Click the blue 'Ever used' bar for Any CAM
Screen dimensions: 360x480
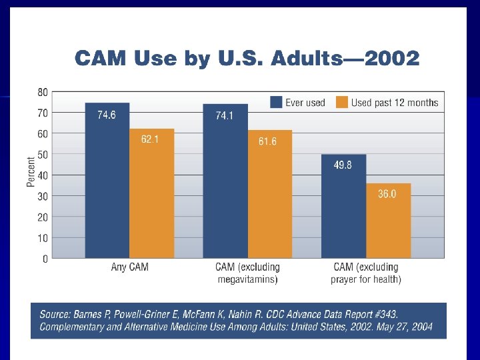(107, 180)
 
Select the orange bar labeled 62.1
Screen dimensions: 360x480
(152, 193)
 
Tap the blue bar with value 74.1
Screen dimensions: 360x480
(225, 181)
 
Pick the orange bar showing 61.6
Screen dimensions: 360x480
(269, 194)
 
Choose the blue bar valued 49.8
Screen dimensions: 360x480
(343, 206)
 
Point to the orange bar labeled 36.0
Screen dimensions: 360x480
(388, 221)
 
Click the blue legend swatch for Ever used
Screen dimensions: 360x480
(276, 102)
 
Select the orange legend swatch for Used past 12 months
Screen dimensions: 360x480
(341, 102)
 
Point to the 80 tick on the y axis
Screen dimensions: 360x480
(42, 92)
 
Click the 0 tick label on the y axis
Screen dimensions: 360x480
(45, 259)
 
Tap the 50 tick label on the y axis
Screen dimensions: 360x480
(42, 155)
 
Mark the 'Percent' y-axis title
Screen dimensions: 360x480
(31, 172)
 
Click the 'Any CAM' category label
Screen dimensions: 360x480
(129, 267)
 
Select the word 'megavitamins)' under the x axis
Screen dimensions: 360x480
(247, 279)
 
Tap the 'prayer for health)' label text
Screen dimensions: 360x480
(366, 279)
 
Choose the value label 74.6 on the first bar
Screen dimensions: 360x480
(107, 115)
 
